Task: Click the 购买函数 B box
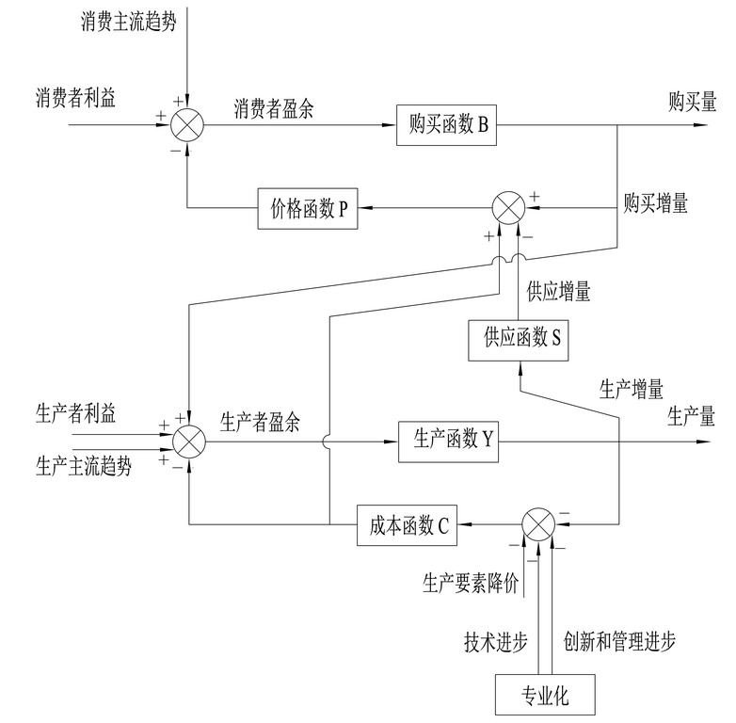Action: [x=448, y=125]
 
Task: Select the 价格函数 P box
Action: [x=309, y=208]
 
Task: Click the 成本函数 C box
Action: [x=408, y=524]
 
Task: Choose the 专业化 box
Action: [x=546, y=697]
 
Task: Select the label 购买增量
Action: [x=655, y=201]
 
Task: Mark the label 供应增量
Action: [x=559, y=293]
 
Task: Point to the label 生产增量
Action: [x=632, y=387]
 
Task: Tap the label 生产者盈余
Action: [x=260, y=423]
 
